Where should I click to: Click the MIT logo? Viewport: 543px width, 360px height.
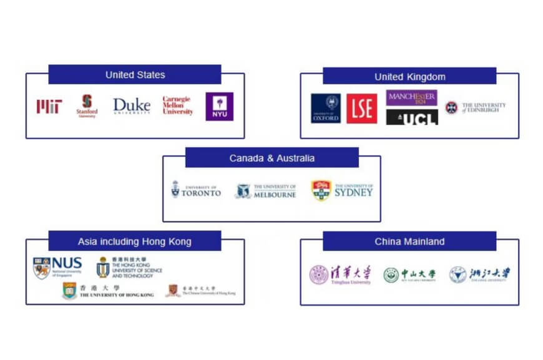pyautogui.click(x=49, y=107)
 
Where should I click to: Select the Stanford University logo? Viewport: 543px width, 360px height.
pyautogui.click(x=87, y=106)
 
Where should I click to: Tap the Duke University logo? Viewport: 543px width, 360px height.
pyautogui.click(x=132, y=106)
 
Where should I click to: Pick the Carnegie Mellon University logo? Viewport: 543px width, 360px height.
pyautogui.click(x=178, y=106)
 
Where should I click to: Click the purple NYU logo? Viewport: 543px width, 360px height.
pyautogui.click(x=220, y=106)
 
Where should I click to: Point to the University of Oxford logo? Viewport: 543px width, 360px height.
pyautogui.click(x=326, y=108)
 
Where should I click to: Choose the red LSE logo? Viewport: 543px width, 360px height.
pyautogui.click(x=362, y=108)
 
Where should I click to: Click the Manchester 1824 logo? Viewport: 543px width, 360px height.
pyautogui.click(x=412, y=99)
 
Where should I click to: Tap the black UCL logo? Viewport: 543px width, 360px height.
pyautogui.click(x=412, y=117)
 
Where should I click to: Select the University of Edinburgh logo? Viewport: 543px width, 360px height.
pyautogui.click(x=475, y=107)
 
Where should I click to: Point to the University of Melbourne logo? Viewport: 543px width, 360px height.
pyautogui.click(x=265, y=190)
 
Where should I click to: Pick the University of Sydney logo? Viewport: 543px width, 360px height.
pyautogui.click(x=343, y=190)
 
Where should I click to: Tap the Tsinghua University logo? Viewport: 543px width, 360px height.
pyautogui.click(x=341, y=275)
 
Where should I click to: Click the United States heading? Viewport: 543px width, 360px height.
pyautogui.click(x=135, y=75)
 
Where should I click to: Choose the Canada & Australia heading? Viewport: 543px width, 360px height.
pyautogui.click(x=271, y=158)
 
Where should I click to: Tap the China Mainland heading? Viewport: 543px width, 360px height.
pyautogui.click(x=409, y=241)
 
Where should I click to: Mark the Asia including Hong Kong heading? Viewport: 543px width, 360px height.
pyautogui.click(x=135, y=241)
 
